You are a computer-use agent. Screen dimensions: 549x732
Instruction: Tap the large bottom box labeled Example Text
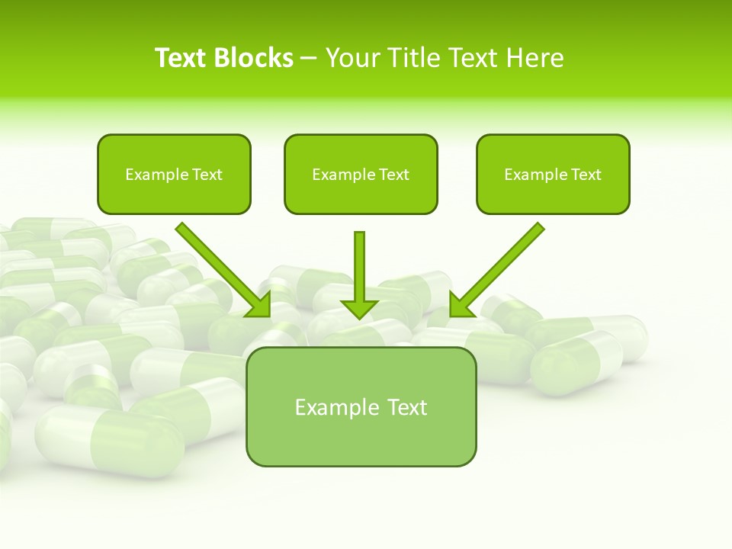(361, 438)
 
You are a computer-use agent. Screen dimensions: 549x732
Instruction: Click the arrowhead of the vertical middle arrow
(359, 308)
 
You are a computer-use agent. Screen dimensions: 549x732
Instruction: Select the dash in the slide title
(309, 59)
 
